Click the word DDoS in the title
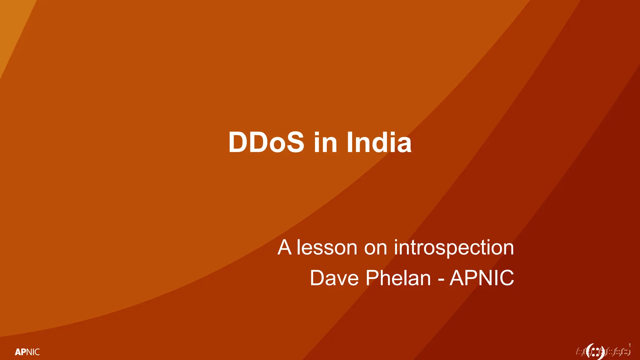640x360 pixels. tap(266, 142)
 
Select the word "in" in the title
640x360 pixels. tap(325, 142)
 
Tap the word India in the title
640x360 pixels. tap(379, 142)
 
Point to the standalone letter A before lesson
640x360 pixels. tap(284, 247)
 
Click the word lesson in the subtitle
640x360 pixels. tap(327, 247)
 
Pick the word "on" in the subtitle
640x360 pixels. tap(375, 248)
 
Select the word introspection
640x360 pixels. tap(454, 248)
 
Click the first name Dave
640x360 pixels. tap(334, 278)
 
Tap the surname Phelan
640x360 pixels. tap(398, 278)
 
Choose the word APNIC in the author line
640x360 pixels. tap(482, 278)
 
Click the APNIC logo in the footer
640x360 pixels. tap(27, 352)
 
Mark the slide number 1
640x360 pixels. tap(630, 345)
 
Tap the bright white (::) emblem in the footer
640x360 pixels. tap(595, 352)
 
